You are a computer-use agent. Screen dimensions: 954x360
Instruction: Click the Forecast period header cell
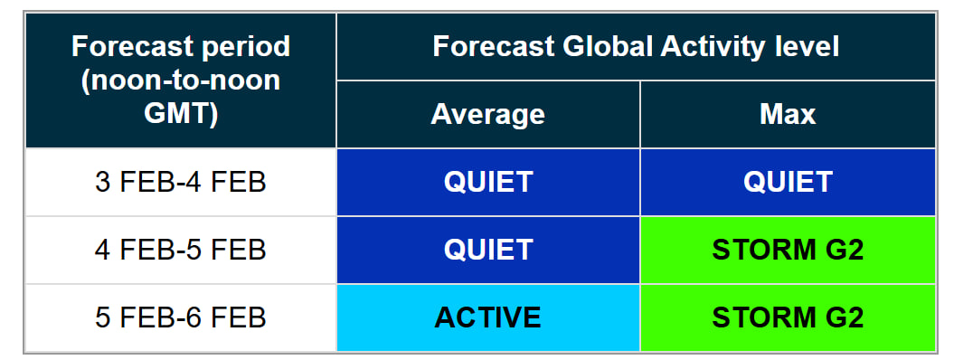pyautogui.click(x=181, y=81)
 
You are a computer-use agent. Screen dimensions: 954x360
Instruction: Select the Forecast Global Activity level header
pyautogui.click(x=636, y=47)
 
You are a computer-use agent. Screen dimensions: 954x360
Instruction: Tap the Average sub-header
pyautogui.click(x=488, y=114)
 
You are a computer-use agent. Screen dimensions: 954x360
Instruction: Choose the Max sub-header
pyautogui.click(x=788, y=114)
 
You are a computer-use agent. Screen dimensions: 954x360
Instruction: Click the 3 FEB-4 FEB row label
pyautogui.click(x=181, y=183)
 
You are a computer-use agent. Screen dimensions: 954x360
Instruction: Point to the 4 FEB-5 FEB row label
pyautogui.click(x=181, y=250)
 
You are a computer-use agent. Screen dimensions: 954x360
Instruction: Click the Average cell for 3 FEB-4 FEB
pyautogui.click(x=488, y=183)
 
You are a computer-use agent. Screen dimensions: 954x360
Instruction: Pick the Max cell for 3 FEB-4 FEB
pyautogui.click(x=788, y=183)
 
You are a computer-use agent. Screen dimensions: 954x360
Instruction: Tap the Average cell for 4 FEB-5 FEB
pyautogui.click(x=488, y=250)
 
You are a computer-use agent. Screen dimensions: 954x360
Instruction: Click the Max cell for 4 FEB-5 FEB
pyautogui.click(x=788, y=250)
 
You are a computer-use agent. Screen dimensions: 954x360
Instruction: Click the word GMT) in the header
pyautogui.click(x=181, y=114)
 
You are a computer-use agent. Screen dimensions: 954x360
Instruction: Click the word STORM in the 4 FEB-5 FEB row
pyautogui.click(x=761, y=250)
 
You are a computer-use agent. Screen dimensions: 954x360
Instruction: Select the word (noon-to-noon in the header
pyautogui.click(x=181, y=81)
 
